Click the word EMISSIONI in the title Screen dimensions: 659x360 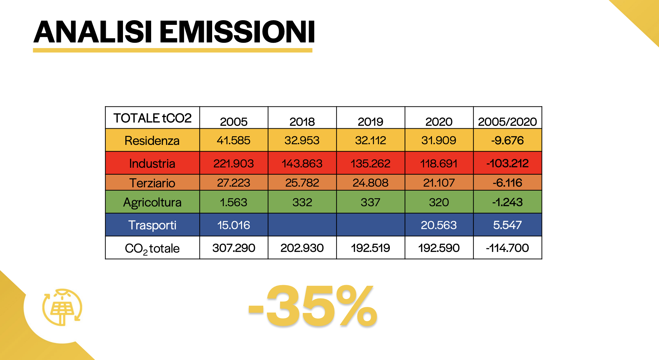tap(237, 32)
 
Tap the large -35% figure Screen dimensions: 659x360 tap(313, 306)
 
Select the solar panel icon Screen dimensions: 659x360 tap(62, 307)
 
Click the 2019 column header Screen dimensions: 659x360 tap(370, 122)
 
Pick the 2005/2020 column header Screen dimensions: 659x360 tap(507, 122)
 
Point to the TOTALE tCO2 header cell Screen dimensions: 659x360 tap(152, 118)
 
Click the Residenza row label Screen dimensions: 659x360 tap(152, 141)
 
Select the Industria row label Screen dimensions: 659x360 tap(152, 163)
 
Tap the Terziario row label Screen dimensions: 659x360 tap(152, 183)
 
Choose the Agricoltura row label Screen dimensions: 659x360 tap(152, 202)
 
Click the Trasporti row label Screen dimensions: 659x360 tap(152, 225)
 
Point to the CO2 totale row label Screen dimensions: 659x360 tap(152, 248)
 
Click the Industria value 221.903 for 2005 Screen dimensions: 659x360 tap(234, 163)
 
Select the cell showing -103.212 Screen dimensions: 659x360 tap(508, 163)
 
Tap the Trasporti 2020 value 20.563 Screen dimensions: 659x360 tap(439, 225)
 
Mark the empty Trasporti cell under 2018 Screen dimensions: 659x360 tap(302, 225)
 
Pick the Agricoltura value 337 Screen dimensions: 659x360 tap(370, 202)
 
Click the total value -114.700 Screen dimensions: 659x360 tap(508, 248)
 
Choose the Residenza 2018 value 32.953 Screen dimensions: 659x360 tap(302, 140)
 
